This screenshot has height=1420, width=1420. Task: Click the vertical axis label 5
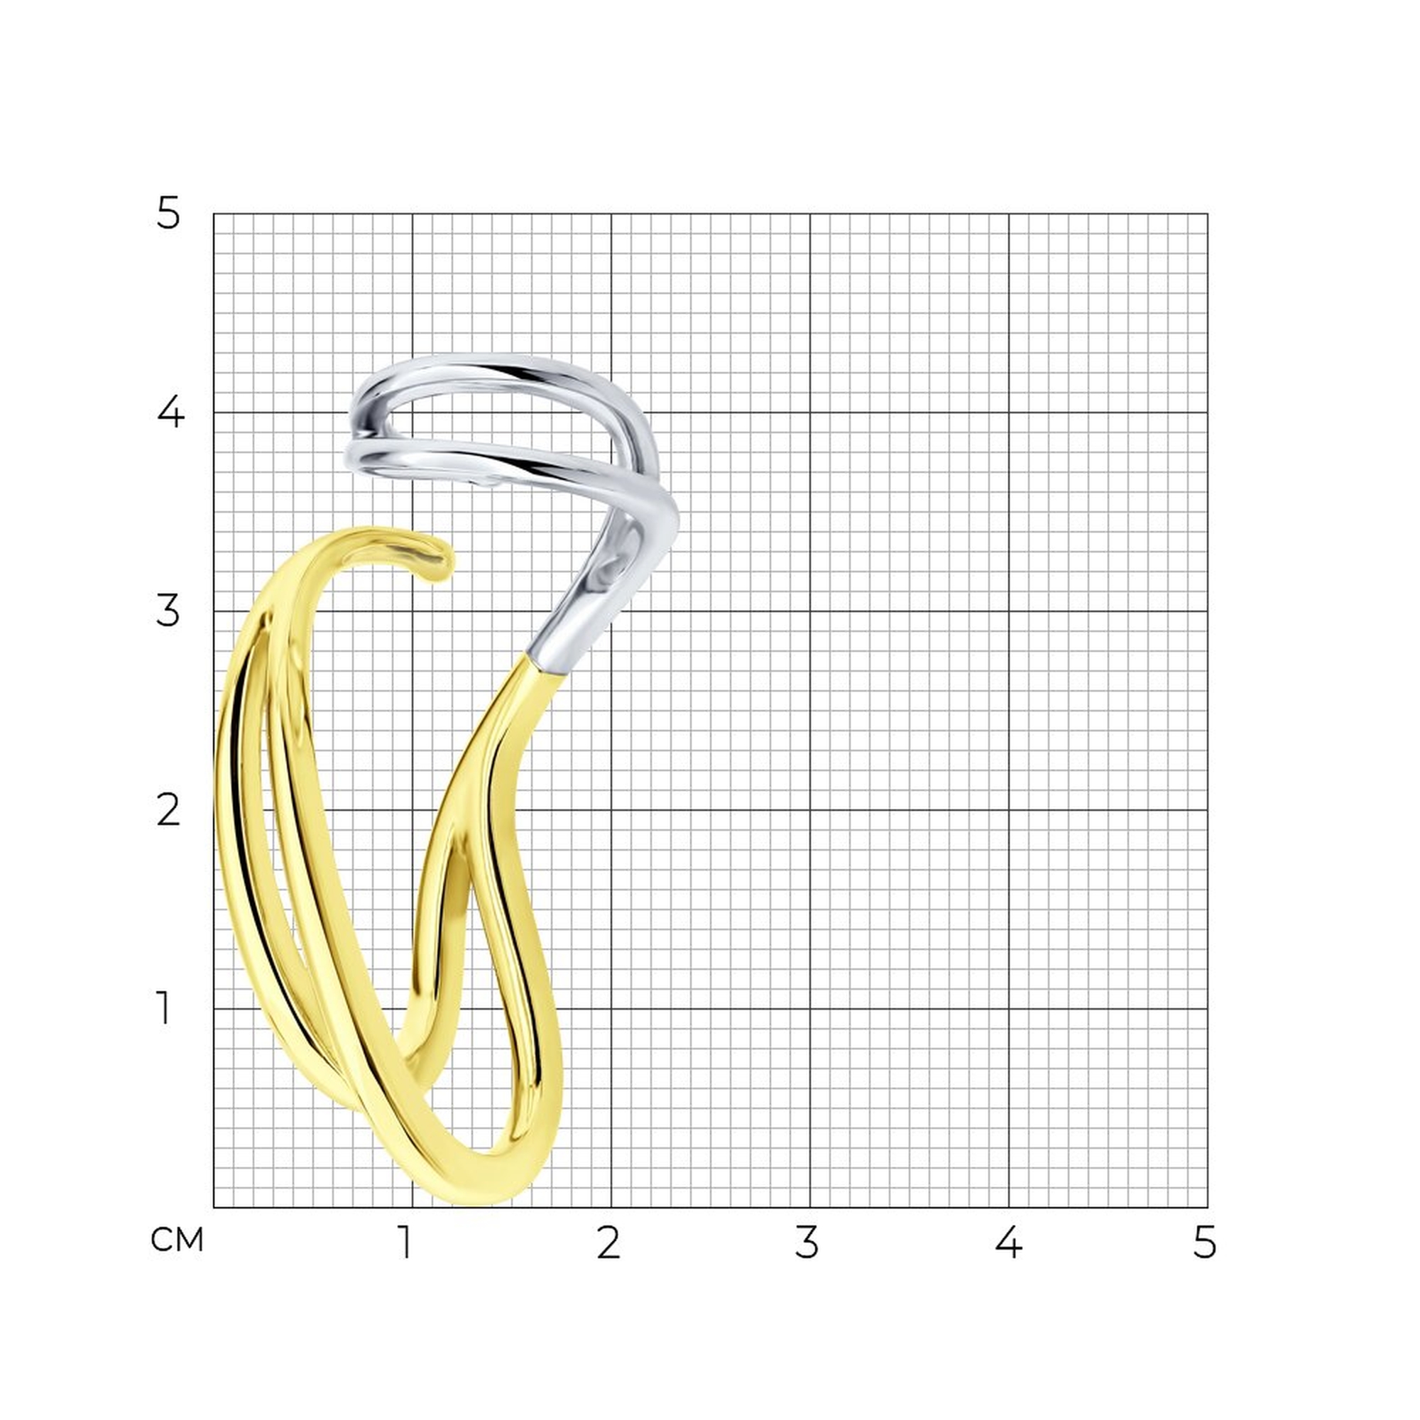coord(168,214)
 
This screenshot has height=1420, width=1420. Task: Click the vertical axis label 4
coord(170,413)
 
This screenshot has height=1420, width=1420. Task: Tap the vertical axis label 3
coord(168,611)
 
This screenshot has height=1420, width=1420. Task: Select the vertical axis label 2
coord(168,810)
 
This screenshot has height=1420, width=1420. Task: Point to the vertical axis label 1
coord(164,1007)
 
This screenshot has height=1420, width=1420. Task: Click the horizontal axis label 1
coord(404,1242)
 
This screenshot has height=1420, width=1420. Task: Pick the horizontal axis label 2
coord(608,1242)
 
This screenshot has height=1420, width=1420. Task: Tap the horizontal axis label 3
coord(807,1242)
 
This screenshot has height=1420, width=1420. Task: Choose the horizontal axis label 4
coord(1008,1242)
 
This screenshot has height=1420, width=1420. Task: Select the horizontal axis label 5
coord(1205,1242)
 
